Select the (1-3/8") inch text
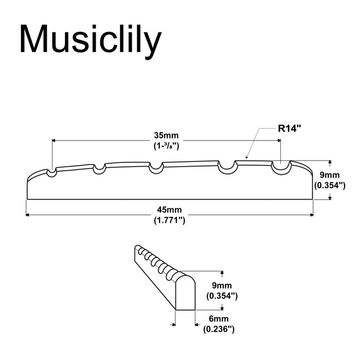166,146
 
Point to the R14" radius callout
290,129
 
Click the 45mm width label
169,210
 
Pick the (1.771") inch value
169,220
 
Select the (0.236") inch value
219,329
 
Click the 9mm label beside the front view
329,175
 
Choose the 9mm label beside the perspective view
221,286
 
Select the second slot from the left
99,169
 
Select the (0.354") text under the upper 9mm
329,185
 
